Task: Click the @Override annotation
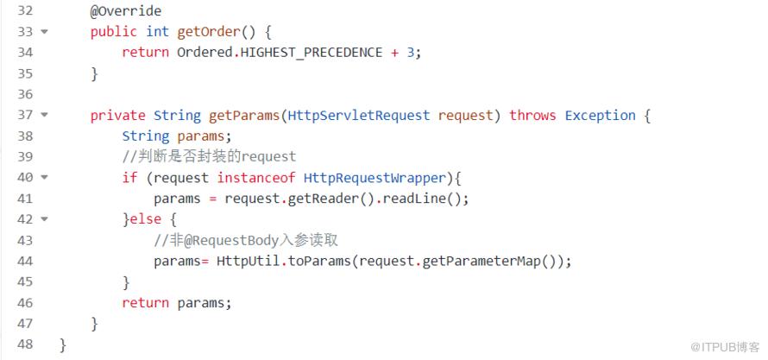(126, 10)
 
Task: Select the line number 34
(25, 53)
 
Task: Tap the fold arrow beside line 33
(45, 32)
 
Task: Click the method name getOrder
(209, 32)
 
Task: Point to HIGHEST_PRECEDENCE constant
(312, 53)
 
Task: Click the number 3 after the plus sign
(411, 53)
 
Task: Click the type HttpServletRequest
(359, 116)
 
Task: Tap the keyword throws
(532, 116)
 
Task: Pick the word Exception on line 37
(600, 116)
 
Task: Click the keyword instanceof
(256, 177)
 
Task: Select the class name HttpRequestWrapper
(375, 177)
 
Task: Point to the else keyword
(146, 219)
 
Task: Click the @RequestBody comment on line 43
(246, 240)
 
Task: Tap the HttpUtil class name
(248, 261)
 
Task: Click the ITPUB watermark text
(725, 347)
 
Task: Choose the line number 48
(25, 344)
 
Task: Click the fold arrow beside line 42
(45, 219)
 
